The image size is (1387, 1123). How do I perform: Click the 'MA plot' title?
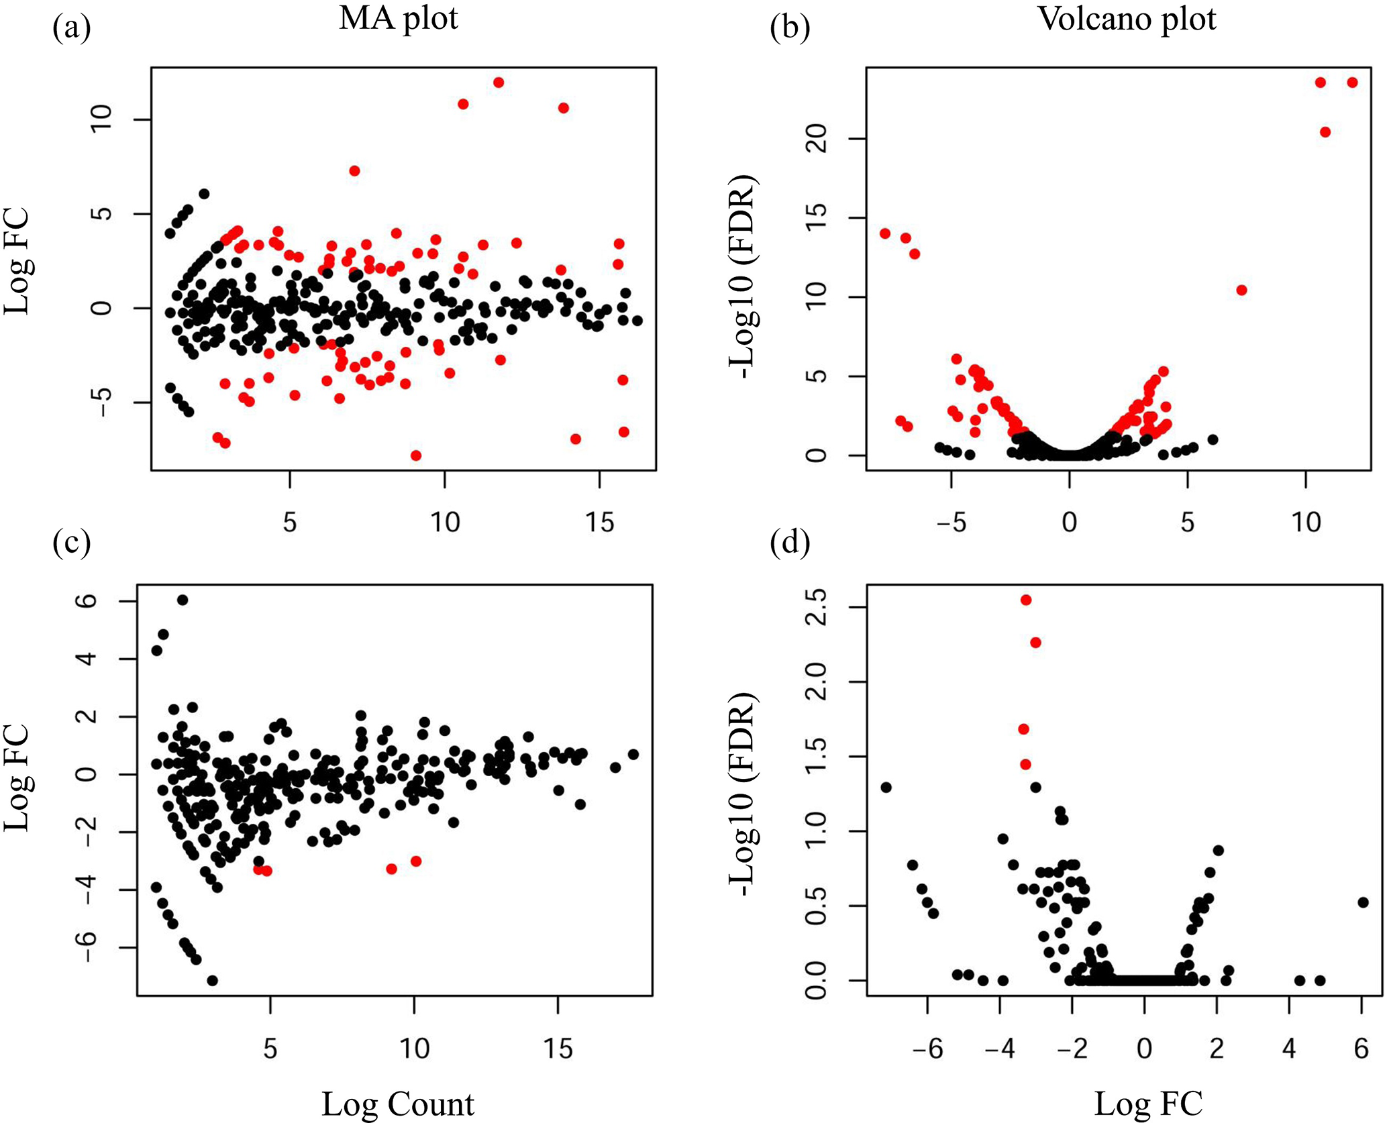(399, 18)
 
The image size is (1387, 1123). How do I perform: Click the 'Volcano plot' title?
(1127, 18)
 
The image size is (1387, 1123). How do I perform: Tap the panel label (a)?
(71, 29)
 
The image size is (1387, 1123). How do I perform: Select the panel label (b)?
(790, 29)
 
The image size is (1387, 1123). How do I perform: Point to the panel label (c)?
(71, 543)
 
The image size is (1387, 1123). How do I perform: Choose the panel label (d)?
(790, 543)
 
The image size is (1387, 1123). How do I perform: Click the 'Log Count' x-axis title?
(398, 1104)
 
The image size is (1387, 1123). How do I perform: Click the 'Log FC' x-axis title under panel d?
(1148, 1104)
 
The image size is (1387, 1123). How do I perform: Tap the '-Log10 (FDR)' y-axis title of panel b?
(743, 276)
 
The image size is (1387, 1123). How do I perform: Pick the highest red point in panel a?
(499, 83)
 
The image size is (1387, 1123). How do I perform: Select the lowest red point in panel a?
(416, 456)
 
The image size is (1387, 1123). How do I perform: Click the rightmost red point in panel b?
(1352, 83)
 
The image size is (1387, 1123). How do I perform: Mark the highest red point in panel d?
(1026, 600)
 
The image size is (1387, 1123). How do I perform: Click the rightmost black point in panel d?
(1363, 902)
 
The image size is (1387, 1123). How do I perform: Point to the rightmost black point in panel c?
(633, 755)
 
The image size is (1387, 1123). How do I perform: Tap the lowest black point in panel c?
(213, 981)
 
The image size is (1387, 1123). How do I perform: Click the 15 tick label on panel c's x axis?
(558, 1049)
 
